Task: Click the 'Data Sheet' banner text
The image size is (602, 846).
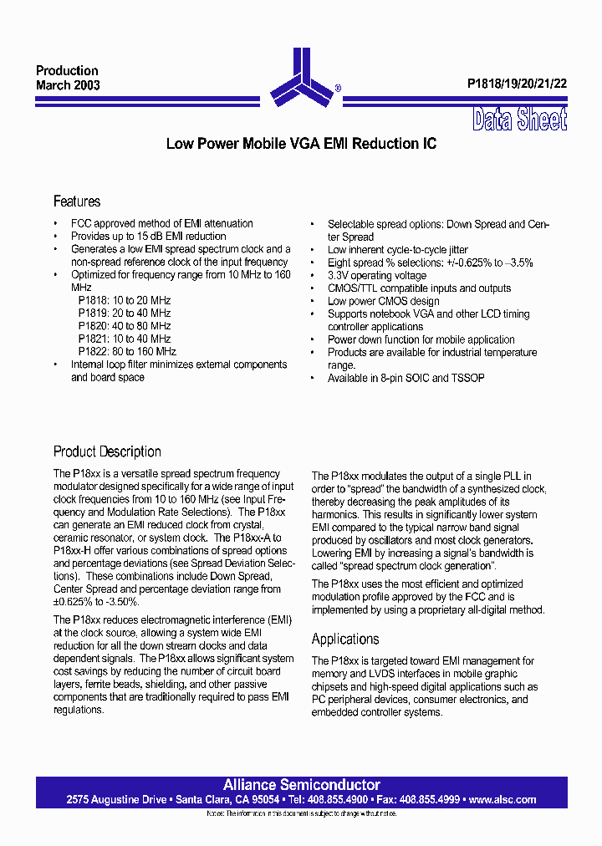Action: click(519, 120)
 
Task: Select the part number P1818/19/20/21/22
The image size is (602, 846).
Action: click(517, 84)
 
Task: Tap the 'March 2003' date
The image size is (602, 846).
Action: click(68, 85)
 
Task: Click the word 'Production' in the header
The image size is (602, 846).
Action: click(67, 71)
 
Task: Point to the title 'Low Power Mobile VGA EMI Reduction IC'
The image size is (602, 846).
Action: click(301, 144)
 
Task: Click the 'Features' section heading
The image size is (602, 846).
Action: click(77, 201)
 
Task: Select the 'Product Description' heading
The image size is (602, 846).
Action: click(107, 451)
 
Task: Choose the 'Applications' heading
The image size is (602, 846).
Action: click(345, 640)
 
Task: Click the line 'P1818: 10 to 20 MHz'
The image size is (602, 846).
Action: click(125, 300)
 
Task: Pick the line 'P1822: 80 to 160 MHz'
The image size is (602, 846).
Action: click(127, 351)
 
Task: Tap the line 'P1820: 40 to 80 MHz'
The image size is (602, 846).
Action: click(125, 326)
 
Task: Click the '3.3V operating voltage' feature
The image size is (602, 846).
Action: click(376, 275)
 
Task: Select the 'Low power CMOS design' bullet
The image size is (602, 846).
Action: click(383, 301)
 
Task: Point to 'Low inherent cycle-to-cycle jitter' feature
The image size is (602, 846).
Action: click(397, 250)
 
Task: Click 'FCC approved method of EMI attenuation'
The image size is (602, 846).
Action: click(161, 223)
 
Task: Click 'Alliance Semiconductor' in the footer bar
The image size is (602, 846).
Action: click(301, 785)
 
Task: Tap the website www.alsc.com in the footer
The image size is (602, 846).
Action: click(503, 799)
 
